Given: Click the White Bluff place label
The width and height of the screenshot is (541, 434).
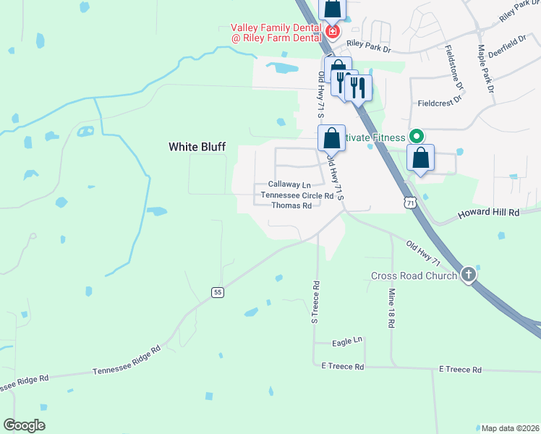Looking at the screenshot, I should pos(197,147).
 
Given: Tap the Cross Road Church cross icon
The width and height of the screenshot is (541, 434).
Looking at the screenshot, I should pos(469,275).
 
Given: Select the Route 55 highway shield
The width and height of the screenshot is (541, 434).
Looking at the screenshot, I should pos(217,292).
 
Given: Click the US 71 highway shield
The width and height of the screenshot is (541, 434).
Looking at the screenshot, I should pos(411,204).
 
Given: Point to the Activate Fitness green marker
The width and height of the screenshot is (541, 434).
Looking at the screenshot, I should pos(416,136).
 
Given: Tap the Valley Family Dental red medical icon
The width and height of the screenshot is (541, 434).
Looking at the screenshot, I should pos(332,32).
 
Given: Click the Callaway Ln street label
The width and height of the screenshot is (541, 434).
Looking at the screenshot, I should pos(289,184).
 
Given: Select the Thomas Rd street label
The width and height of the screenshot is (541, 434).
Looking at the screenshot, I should pos(291,205).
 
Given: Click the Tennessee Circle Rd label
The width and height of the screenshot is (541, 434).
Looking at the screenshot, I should pos(297,195).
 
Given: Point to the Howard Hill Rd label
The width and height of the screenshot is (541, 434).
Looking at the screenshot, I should pos(490,213).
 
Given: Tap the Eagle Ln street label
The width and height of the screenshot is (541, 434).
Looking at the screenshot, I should pos(347,341).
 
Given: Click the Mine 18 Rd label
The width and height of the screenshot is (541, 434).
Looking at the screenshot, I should pos(391,309).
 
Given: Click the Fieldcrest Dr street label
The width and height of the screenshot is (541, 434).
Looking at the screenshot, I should pos(440,104).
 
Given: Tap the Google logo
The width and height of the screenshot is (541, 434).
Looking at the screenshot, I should pos(25,425).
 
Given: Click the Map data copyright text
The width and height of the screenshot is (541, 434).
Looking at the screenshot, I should pos(510,427).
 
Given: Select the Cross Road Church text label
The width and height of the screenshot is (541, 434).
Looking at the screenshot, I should pos(414,276).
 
